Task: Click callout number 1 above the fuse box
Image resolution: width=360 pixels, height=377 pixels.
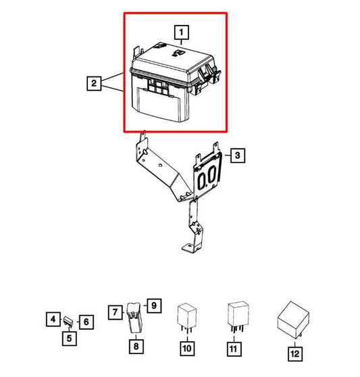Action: pyautogui.click(x=180, y=30)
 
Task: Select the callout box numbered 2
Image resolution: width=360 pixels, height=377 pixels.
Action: pyautogui.click(x=95, y=84)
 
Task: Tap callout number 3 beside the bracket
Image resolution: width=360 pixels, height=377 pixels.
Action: pyautogui.click(x=237, y=156)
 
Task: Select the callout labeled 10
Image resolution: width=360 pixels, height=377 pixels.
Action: pyautogui.click(x=186, y=349)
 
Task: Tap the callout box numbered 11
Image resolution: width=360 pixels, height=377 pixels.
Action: pyautogui.click(x=234, y=349)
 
